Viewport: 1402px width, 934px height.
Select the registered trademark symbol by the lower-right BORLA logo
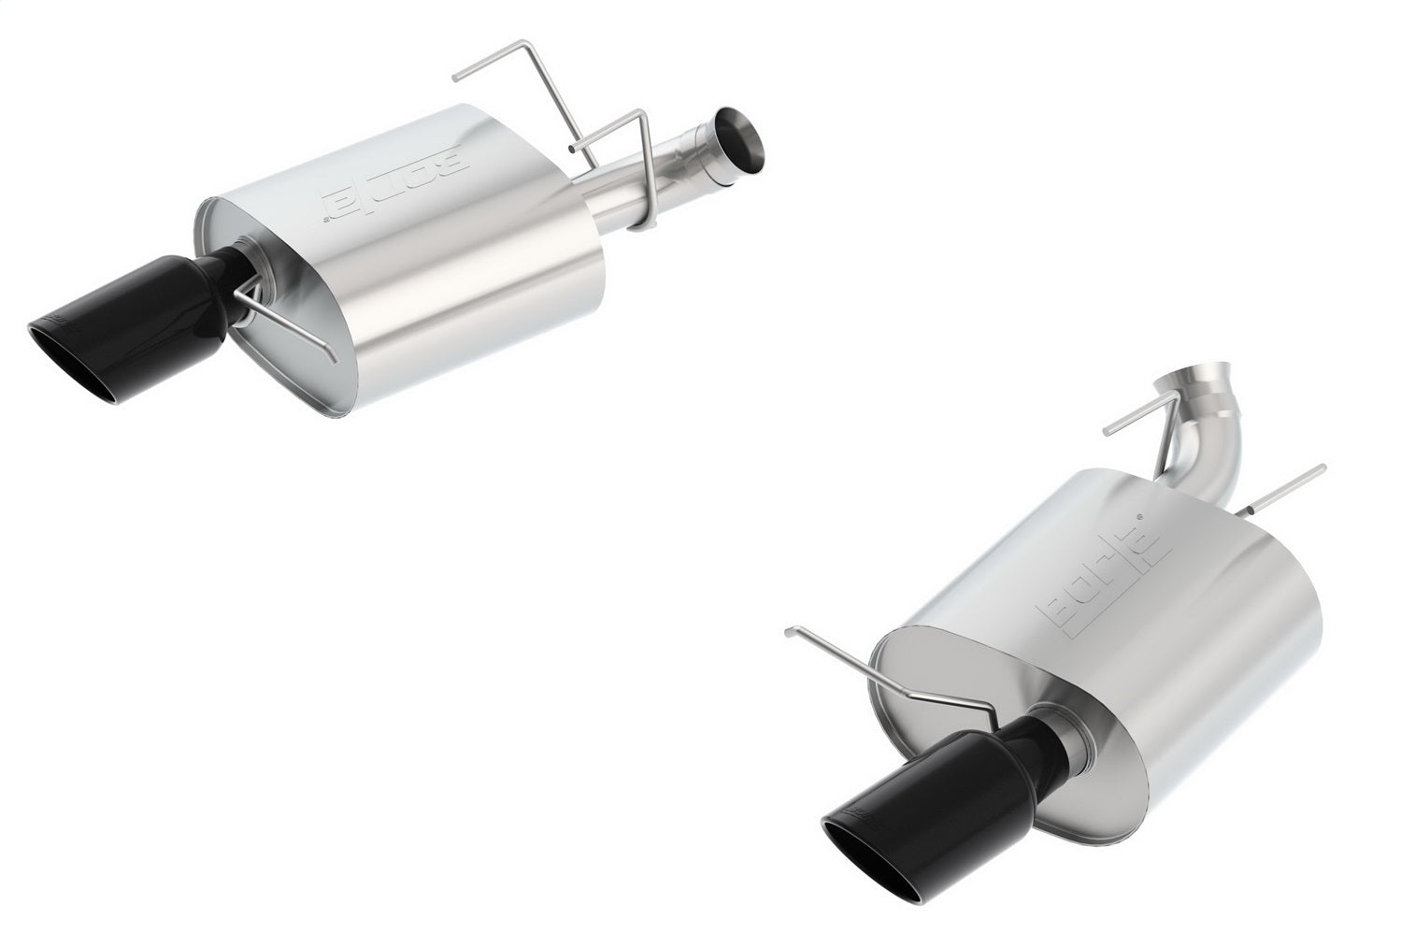click(x=1138, y=515)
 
